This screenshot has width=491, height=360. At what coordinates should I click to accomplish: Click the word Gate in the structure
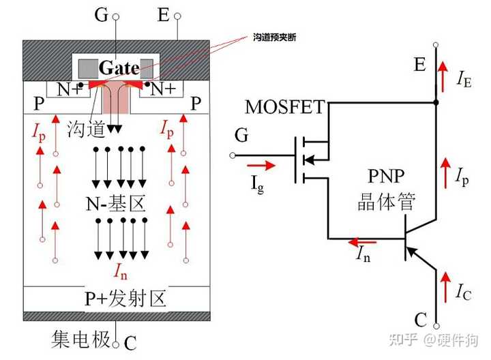pyautogui.click(x=119, y=68)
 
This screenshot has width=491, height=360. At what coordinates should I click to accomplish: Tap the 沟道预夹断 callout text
pyautogui.click(x=274, y=37)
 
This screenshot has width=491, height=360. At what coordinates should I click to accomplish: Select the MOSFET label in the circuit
pyautogui.click(x=285, y=107)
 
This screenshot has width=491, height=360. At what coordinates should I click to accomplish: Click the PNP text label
pyautogui.click(x=386, y=176)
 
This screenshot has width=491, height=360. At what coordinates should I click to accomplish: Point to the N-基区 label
pyautogui.click(x=115, y=204)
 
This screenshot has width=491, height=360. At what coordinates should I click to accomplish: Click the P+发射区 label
pyautogui.click(x=125, y=299)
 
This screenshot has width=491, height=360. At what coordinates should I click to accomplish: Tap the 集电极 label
pyautogui.click(x=81, y=340)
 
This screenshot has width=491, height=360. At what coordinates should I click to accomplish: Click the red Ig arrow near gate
pyautogui.click(x=261, y=165)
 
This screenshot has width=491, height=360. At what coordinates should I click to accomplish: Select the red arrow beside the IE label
pyautogui.click(x=443, y=76)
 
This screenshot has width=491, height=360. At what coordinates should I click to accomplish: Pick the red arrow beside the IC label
pyautogui.click(x=445, y=287)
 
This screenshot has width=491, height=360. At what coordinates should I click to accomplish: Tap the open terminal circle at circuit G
pyautogui.click(x=233, y=155)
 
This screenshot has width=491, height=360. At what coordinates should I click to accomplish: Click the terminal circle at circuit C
pyautogui.click(x=436, y=326)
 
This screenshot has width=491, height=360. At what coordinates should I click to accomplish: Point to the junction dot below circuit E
pyautogui.click(x=436, y=102)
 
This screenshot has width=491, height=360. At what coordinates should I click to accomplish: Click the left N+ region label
pyautogui.click(x=69, y=89)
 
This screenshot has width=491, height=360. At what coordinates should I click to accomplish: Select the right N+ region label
pyautogui.click(x=163, y=89)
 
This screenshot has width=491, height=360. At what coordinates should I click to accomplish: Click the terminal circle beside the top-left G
pyautogui.click(x=115, y=16)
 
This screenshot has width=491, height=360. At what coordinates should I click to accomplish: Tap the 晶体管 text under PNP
pyautogui.click(x=387, y=201)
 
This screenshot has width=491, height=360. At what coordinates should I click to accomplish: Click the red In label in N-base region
pyautogui.click(x=121, y=271)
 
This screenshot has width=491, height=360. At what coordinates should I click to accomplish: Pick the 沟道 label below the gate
pyautogui.click(x=86, y=129)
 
